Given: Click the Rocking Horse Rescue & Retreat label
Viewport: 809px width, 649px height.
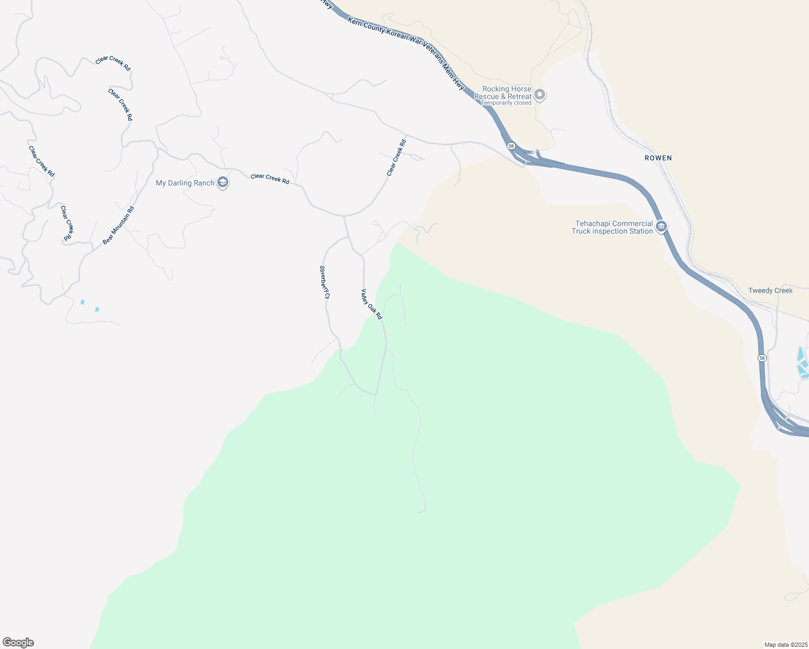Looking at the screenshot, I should click(502, 92).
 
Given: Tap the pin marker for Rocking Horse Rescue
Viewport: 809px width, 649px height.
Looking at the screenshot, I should click(539, 95).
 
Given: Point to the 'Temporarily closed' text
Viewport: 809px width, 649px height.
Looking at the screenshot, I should click(506, 103).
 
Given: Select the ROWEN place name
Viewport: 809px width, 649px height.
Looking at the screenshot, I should click(658, 158).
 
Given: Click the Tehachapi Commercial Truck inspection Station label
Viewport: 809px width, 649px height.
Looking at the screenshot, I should click(612, 227).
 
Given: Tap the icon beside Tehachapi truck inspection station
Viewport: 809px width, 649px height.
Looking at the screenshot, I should click(661, 227).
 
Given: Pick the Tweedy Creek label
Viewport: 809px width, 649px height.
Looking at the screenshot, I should click(770, 290).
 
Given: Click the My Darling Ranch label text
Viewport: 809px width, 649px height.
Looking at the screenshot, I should click(185, 183).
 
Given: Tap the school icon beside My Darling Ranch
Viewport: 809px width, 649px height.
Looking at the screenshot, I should click(223, 183).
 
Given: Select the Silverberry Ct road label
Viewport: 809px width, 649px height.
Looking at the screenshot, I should click(324, 282).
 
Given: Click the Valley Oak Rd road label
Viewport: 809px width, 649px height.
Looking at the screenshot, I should click(372, 304).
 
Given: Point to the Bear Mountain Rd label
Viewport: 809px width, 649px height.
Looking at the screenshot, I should click(118, 225).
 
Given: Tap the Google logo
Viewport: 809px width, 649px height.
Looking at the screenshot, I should click(18, 643).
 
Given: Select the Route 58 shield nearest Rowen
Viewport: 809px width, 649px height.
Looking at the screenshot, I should click(511, 146).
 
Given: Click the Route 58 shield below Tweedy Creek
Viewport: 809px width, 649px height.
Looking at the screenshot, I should click(762, 358).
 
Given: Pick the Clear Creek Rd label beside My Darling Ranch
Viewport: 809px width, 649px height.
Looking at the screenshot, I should click(270, 178).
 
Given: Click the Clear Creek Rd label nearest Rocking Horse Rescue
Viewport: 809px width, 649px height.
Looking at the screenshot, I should click(396, 158).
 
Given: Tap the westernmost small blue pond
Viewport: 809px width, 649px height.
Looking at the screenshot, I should click(82, 302).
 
